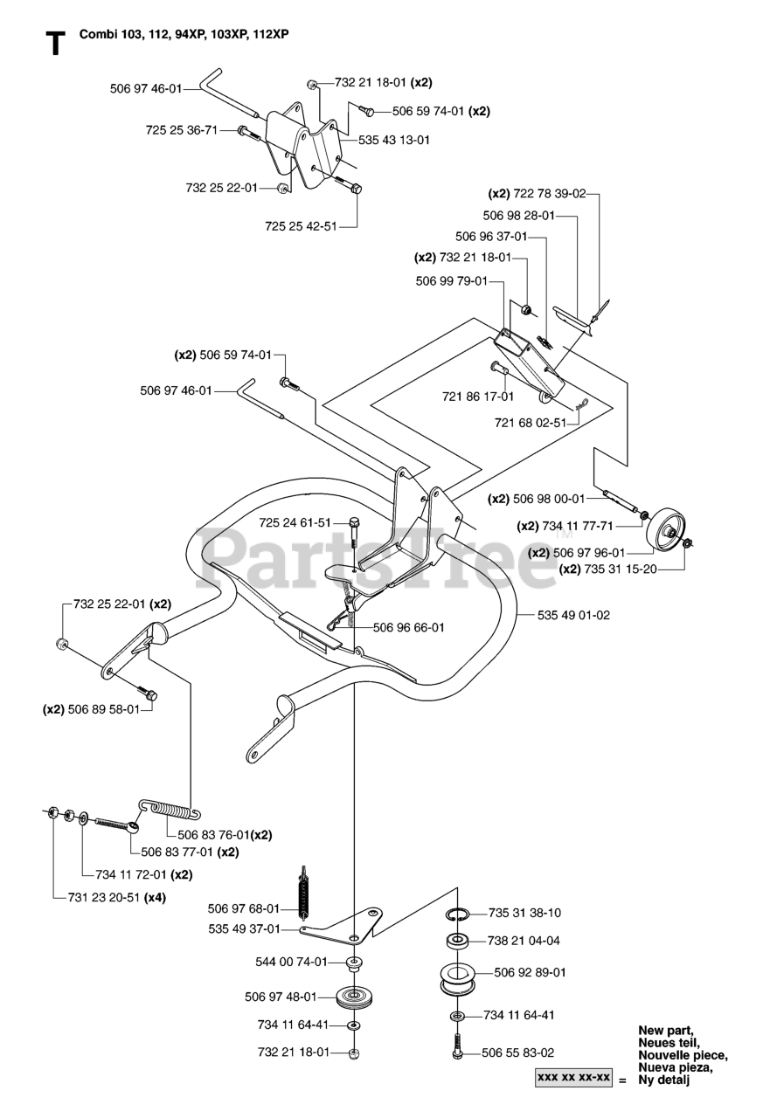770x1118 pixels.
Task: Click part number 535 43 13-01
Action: click(x=394, y=140)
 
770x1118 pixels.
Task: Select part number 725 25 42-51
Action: click(x=301, y=226)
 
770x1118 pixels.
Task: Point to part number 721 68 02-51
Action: click(x=531, y=422)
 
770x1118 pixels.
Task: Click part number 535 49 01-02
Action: click(x=572, y=615)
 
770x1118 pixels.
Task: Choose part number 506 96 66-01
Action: click(x=409, y=626)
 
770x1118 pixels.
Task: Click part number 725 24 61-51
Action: click(x=295, y=522)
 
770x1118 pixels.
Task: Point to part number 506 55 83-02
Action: click(x=517, y=1053)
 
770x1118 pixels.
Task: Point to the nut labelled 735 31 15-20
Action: click(x=688, y=544)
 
